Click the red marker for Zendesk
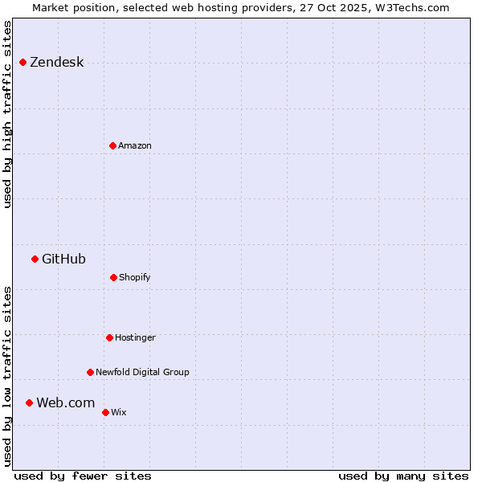tap(22, 63)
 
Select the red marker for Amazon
tap(112, 145)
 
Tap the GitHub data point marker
tap(35, 259)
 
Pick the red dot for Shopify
tap(113, 277)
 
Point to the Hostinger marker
tap(109, 337)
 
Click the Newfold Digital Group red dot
tap(90, 372)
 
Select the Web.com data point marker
tap(29, 402)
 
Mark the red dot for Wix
tap(105, 412)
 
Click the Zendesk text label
tap(56, 63)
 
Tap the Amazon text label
tap(135, 145)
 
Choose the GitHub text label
tap(63, 259)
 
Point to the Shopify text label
tap(135, 277)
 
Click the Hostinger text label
tap(135, 337)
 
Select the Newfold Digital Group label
tap(142, 372)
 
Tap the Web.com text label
tap(65, 402)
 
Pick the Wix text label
tap(119, 412)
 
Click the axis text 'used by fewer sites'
tap(83, 476)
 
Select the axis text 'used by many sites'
tap(403, 476)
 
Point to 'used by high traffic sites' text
tap(8, 114)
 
